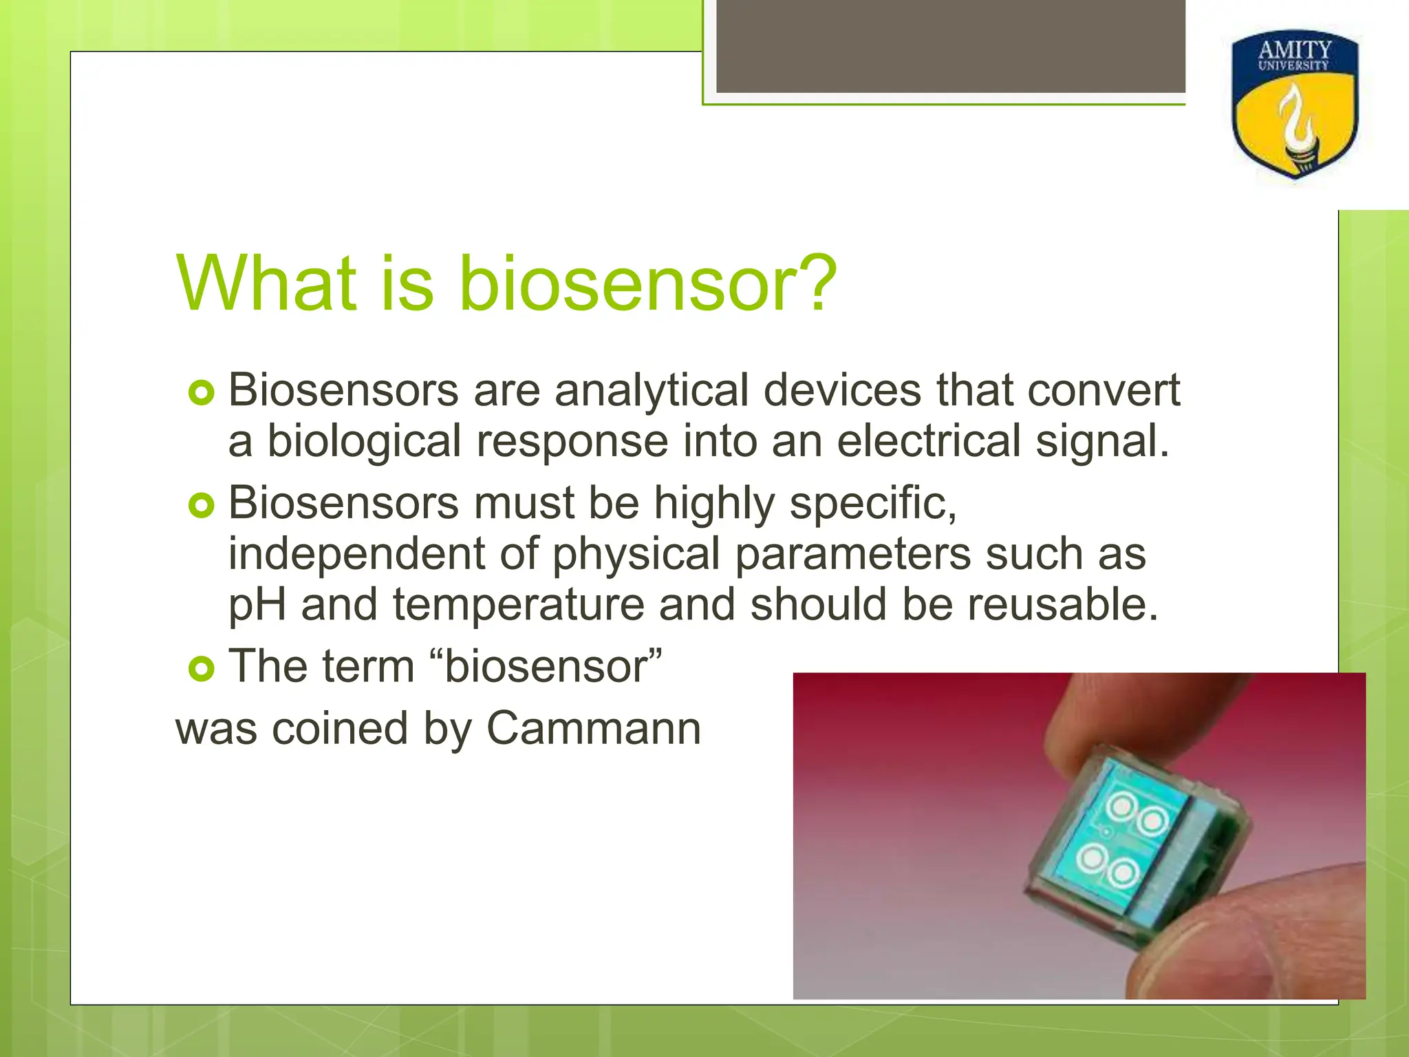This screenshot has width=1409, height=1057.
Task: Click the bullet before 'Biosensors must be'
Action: click(201, 506)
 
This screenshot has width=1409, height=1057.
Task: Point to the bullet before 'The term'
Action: click(201, 668)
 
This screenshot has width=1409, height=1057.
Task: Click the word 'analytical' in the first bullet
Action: click(651, 391)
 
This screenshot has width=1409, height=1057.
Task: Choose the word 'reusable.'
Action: click(1063, 605)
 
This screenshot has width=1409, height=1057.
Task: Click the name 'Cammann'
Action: click(593, 729)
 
